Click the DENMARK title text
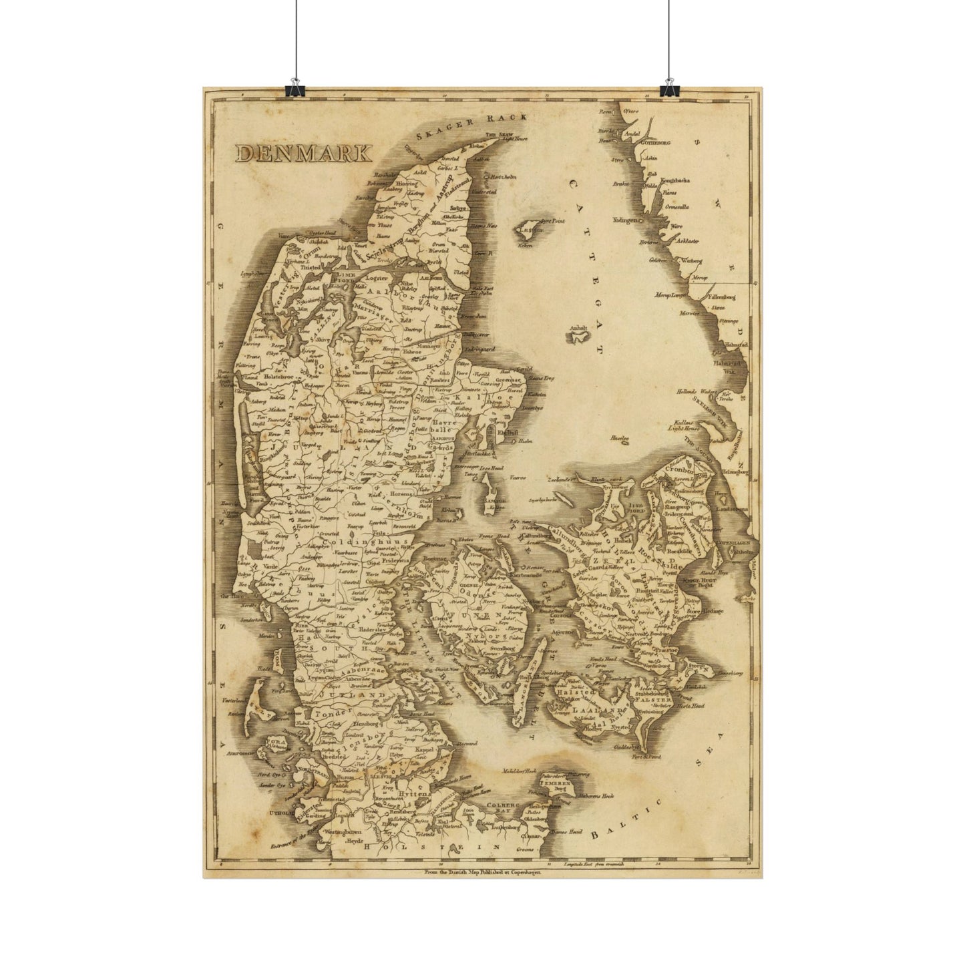(x=303, y=153)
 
